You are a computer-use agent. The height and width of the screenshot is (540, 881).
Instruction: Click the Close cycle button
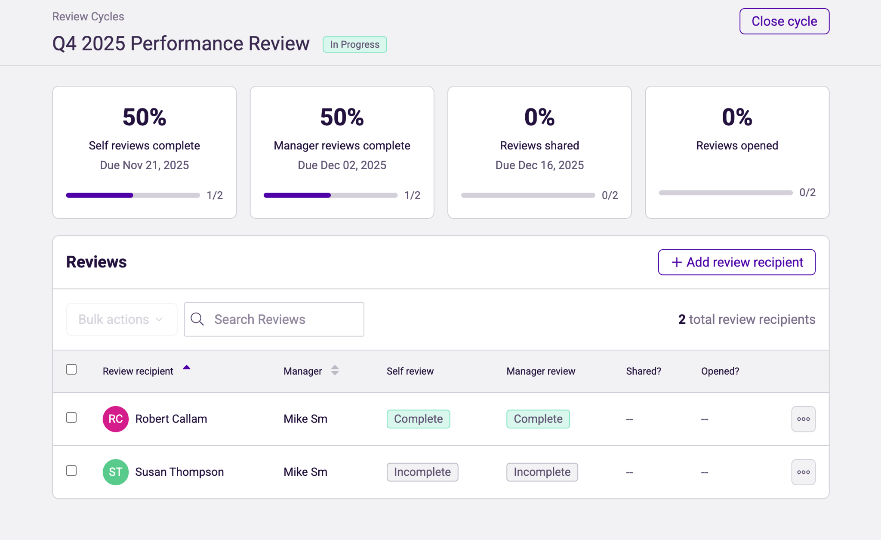tap(784, 21)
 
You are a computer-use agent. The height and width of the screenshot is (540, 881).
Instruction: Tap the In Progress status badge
tap(354, 44)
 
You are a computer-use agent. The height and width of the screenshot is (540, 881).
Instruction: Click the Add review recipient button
tap(736, 262)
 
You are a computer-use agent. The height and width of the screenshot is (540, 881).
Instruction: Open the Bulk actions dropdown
tap(121, 320)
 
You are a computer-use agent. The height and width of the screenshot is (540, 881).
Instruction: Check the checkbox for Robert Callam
tap(71, 418)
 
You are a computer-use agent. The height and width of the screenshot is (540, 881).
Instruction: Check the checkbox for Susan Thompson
tap(71, 471)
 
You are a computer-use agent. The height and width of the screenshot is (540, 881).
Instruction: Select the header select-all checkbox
tap(71, 369)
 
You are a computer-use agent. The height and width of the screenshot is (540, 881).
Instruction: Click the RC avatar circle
tap(115, 419)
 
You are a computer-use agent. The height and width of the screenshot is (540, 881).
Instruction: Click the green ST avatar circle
tap(115, 472)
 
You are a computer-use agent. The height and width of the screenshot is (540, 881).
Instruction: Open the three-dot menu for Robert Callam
tap(803, 419)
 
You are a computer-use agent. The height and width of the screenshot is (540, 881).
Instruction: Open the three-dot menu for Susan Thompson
tap(803, 472)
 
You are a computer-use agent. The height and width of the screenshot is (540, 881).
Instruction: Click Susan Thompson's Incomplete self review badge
tap(422, 472)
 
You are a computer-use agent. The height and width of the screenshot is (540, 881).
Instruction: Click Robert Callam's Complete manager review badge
tap(538, 419)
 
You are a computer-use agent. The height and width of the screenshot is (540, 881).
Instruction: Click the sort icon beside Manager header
tap(335, 370)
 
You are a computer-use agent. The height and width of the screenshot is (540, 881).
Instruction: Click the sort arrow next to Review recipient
tap(186, 368)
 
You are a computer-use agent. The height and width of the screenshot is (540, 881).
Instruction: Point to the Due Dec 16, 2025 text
tap(539, 165)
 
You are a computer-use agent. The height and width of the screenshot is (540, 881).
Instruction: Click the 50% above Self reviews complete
tap(144, 117)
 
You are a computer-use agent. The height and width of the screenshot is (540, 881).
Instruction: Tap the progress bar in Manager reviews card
tap(330, 196)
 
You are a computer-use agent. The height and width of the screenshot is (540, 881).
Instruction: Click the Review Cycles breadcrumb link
tap(88, 16)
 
